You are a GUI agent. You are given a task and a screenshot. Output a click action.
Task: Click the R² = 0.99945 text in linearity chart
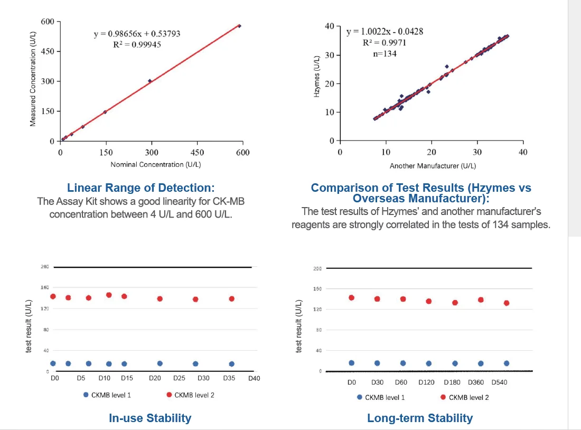137,44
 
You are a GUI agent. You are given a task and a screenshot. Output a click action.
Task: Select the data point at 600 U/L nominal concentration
239,26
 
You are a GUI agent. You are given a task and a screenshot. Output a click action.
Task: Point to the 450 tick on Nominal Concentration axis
197,152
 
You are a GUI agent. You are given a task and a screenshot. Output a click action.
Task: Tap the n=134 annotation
385,53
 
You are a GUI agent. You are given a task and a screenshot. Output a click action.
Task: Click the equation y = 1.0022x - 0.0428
385,32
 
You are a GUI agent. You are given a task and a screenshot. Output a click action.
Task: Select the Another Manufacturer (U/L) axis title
433,166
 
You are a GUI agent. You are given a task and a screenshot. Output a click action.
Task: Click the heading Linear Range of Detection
141,188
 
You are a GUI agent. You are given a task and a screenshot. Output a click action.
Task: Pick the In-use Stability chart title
150,418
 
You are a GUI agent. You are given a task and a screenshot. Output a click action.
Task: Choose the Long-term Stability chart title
420,418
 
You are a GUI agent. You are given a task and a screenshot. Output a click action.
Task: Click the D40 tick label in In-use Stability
254,378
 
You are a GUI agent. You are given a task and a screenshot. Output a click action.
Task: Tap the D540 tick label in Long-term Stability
499,382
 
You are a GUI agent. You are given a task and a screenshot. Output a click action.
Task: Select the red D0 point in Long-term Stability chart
351,297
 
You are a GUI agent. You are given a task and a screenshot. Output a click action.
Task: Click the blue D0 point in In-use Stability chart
53,363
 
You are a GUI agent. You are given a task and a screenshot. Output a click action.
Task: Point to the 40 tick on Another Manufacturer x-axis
523,152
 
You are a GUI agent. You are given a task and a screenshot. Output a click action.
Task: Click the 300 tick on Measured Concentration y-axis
48,81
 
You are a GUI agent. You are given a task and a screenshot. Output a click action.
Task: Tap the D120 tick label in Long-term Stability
427,382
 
